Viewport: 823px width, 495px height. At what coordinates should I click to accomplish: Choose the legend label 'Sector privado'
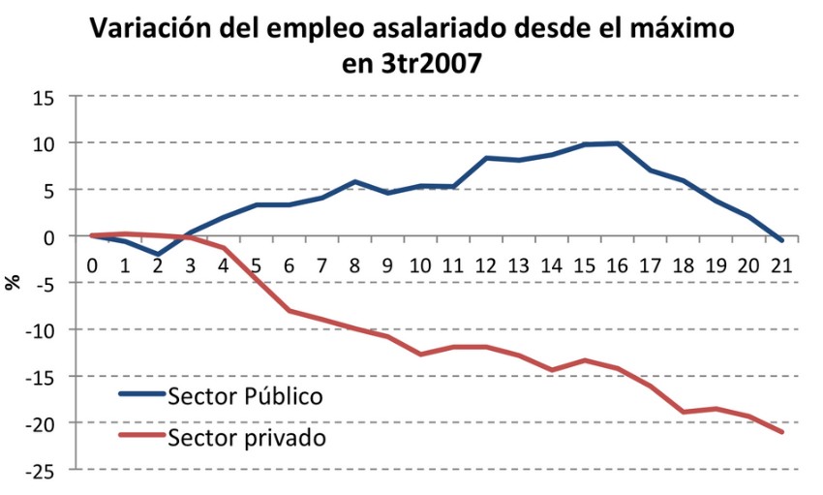point(246,436)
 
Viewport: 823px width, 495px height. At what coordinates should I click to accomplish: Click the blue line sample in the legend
point(140,395)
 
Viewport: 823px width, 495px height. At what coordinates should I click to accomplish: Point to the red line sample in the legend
point(140,436)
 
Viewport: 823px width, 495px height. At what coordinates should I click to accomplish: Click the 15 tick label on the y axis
point(43,97)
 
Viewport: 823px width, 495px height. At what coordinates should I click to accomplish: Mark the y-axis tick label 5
point(47,190)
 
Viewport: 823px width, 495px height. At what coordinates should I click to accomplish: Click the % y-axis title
point(14,282)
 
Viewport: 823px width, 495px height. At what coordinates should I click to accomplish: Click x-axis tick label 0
point(92,264)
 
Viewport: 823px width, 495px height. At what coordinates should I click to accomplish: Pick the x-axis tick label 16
point(617,264)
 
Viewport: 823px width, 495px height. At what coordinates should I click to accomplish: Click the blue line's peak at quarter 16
point(617,143)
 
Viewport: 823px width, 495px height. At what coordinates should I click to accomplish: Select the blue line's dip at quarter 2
point(158,255)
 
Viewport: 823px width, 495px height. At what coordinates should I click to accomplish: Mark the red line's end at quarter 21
point(781,432)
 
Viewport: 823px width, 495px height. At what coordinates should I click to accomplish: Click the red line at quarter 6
point(290,311)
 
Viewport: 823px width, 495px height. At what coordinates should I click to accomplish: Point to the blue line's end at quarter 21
point(781,240)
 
